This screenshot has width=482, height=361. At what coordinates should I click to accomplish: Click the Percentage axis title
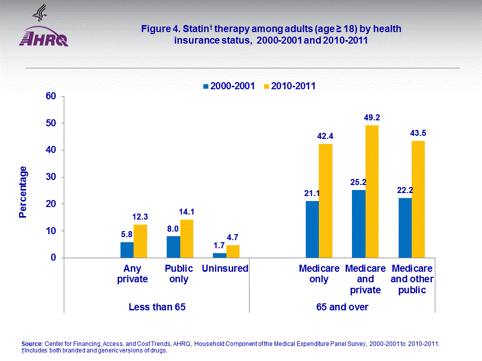coord(23,192)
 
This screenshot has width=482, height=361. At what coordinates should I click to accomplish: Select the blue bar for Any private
coord(127,250)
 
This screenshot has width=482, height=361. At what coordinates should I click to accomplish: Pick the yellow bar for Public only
coord(186,239)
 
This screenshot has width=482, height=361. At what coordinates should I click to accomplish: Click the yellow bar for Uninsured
coord(232,251)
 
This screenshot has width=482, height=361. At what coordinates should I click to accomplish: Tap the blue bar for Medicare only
coord(312,229)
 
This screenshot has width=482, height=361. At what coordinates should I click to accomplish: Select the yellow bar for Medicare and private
coord(372,191)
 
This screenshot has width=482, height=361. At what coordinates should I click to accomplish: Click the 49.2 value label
coord(372,118)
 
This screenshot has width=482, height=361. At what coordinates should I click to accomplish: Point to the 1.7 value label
coord(219,246)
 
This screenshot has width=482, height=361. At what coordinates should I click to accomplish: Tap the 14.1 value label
coord(186,212)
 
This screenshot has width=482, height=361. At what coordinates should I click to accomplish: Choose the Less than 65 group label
coord(157,307)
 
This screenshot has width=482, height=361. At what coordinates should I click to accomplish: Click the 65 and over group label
coord(342,307)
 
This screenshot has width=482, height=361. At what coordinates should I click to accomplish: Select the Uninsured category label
coord(225,269)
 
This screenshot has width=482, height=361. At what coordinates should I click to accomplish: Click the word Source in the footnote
coord(32,343)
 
